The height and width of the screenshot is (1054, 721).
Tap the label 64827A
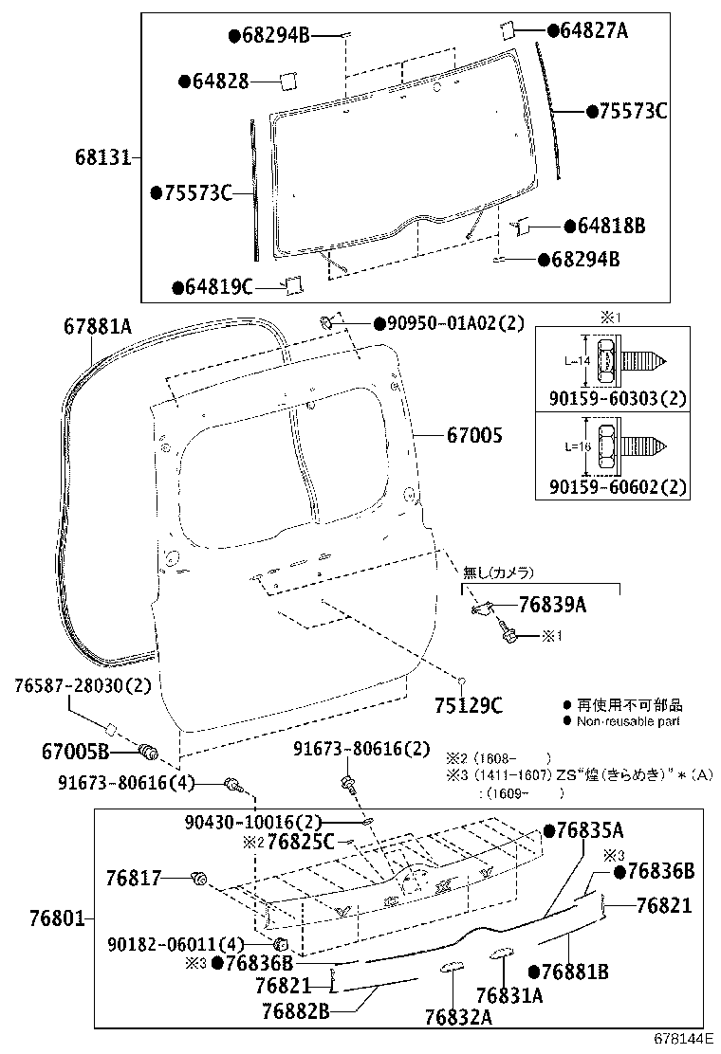[x=593, y=31]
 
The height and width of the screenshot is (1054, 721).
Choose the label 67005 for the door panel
[x=475, y=436]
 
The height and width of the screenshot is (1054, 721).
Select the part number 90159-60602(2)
[x=618, y=487]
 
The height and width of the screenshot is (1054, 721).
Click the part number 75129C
[x=468, y=704]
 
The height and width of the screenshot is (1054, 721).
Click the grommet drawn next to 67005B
[x=148, y=753]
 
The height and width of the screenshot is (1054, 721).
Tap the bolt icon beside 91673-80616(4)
[x=233, y=784]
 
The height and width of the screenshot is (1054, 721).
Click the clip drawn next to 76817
[x=199, y=879]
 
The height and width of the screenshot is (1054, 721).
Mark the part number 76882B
[x=295, y=1010]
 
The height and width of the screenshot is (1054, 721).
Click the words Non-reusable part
[x=629, y=721]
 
